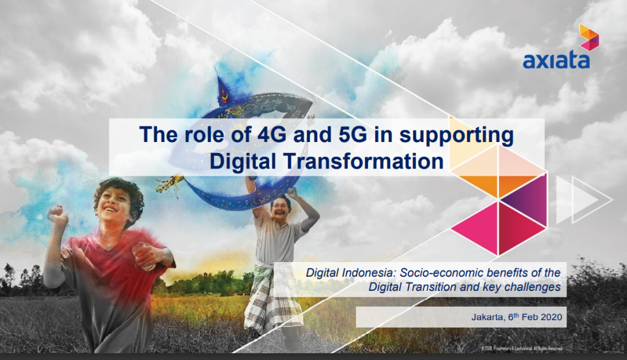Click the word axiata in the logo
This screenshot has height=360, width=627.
(556, 61)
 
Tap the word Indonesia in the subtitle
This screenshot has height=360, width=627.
(369, 272)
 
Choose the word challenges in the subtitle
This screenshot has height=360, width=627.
(533, 286)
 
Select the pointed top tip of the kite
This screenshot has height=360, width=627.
(217, 77)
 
